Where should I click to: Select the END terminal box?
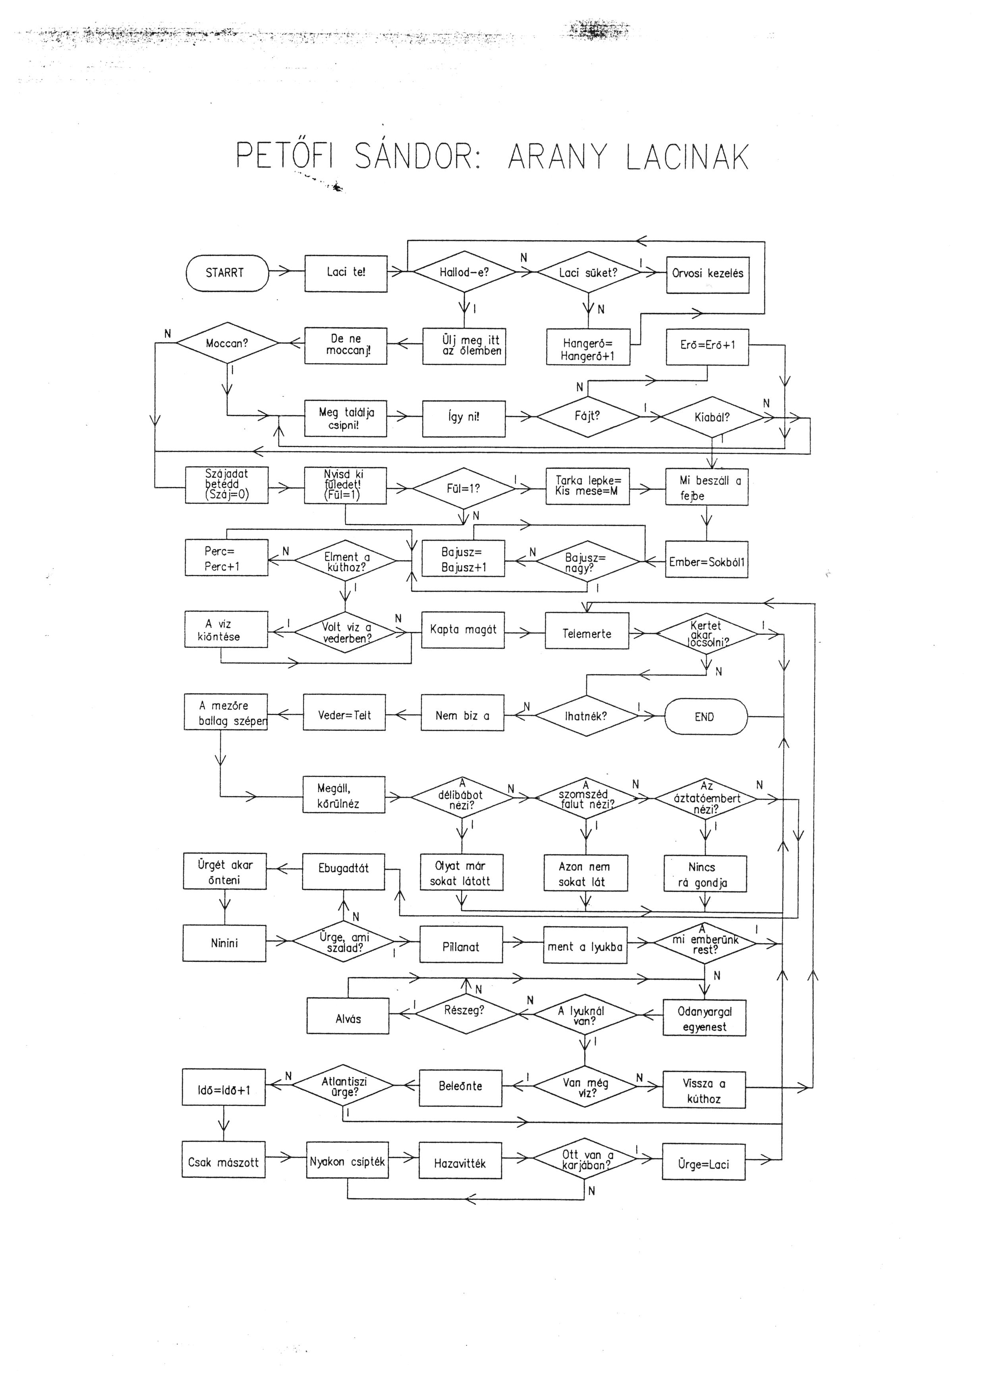click(705, 717)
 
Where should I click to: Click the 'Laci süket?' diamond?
click(588, 273)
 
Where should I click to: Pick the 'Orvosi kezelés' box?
click(707, 274)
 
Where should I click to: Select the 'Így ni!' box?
click(464, 418)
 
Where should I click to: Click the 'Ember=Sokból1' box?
click(707, 561)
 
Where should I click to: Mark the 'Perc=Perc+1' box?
click(226, 558)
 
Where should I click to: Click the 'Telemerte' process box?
click(587, 634)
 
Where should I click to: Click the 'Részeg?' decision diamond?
click(465, 1010)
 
